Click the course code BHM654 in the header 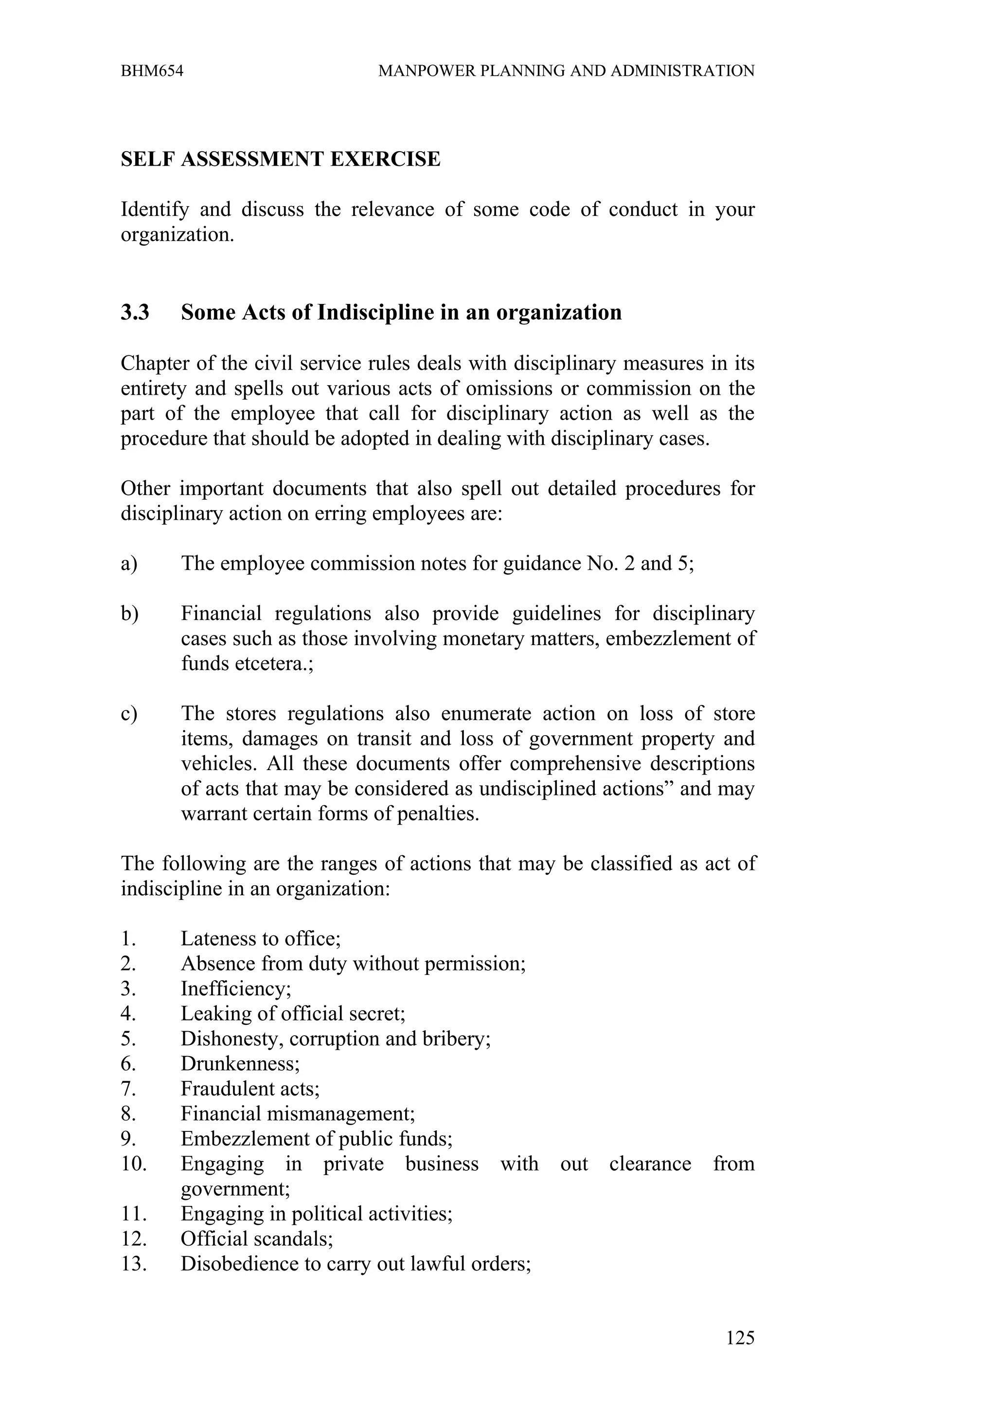pyautogui.click(x=152, y=71)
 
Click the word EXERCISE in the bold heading pyautogui.click(x=385, y=159)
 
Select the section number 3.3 pyautogui.click(x=135, y=312)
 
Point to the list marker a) pyautogui.click(x=129, y=564)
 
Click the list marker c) pyautogui.click(x=129, y=714)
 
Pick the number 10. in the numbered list pyautogui.click(x=134, y=1163)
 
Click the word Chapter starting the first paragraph pyautogui.click(x=156, y=363)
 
